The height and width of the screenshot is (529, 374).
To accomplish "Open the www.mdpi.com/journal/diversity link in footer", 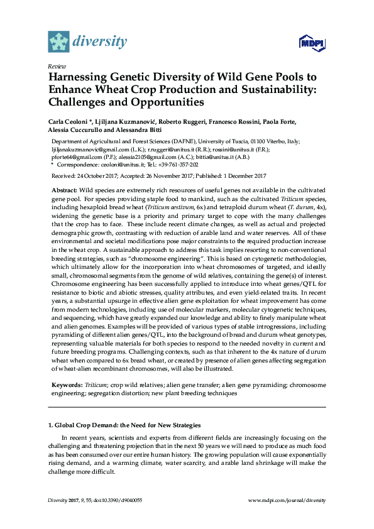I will (x=287, y=500).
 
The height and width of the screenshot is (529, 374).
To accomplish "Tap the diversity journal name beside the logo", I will (x=100, y=42).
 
